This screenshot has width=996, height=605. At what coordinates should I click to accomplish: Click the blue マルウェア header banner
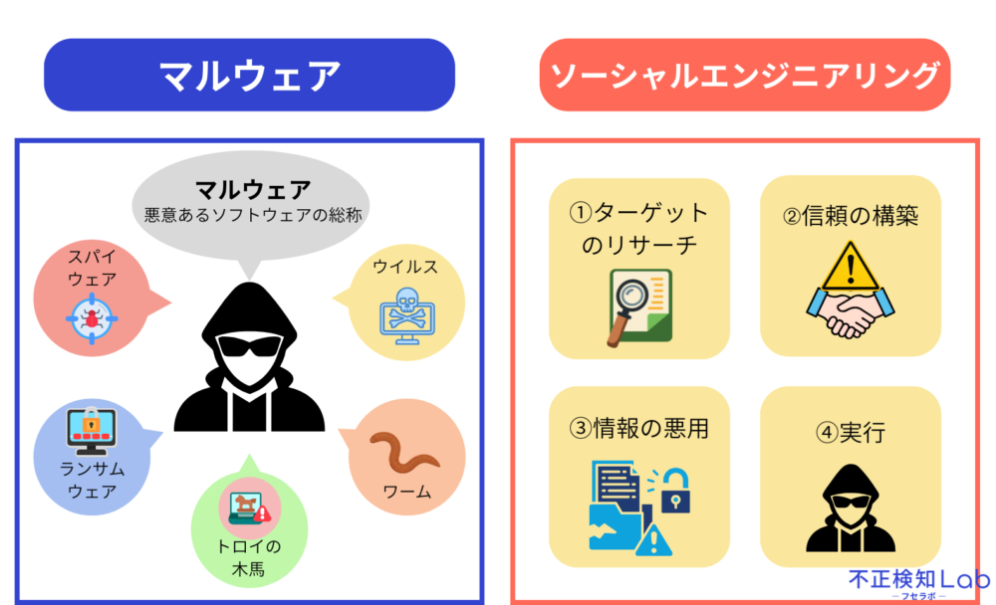tap(249, 75)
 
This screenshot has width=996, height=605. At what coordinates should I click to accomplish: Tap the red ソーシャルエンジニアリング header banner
tap(744, 75)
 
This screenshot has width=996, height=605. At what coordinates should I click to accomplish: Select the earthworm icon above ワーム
tap(404, 452)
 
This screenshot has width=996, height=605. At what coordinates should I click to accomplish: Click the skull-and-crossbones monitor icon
tap(407, 315)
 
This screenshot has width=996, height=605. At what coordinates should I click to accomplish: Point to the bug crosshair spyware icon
tap(92, 318)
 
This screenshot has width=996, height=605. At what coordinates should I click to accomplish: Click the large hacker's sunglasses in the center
tap(248, 346)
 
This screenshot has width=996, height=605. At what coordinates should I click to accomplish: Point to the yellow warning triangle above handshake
tap(851, 267)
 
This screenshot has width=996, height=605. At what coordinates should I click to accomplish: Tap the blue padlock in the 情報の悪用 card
tap(675, 491)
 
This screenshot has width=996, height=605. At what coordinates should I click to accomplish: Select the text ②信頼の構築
tap(851, 216)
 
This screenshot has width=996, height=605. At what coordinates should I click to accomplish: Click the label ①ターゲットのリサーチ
tap(638, 229)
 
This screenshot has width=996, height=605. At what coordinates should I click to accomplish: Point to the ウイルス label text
tap(405, 267)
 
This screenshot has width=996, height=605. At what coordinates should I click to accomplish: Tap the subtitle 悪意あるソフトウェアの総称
tap(253, 215)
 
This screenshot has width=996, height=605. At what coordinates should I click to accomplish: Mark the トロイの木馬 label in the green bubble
tap(248, 557)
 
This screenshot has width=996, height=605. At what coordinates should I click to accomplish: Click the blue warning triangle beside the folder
tap(653, 540)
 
